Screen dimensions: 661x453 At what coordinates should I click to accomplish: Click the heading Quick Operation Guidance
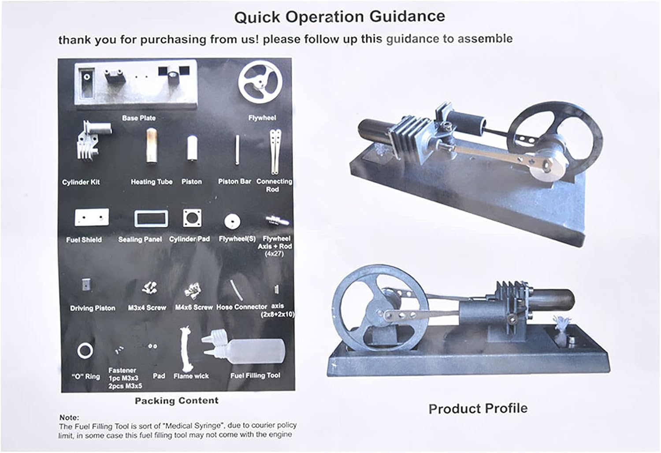tap(340, 17)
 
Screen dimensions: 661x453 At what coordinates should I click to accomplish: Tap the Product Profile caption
tap(478, 409)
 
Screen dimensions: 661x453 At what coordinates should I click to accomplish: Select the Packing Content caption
tap(177, 401)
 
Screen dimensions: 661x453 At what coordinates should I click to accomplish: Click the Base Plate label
tap(139, 118)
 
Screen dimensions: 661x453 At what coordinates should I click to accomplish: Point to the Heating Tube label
tap(152, 182)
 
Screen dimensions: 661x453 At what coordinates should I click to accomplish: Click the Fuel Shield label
tap(84, 240)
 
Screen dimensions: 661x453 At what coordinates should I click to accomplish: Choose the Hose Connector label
tap(241, 307)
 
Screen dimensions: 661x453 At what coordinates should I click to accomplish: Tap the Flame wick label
tap(191, 376)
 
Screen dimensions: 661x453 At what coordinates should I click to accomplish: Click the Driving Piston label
tap(93, 308)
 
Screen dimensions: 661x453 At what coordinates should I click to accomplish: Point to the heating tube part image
tap(152, 145)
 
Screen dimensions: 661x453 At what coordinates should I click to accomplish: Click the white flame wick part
tap(186, 350)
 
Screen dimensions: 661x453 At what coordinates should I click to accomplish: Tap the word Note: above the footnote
tap(69, 418)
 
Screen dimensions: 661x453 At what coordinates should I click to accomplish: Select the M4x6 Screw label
tap(194, 308)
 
